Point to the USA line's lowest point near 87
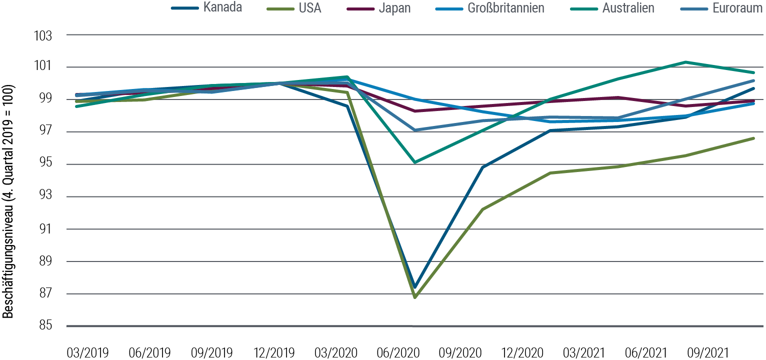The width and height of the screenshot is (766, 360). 415,297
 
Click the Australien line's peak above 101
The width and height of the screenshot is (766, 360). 685,62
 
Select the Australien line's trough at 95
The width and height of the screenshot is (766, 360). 415,162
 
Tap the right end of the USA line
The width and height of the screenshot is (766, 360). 753,138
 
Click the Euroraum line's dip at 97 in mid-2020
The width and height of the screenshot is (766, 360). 415,130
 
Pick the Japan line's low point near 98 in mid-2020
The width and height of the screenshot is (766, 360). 415,111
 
